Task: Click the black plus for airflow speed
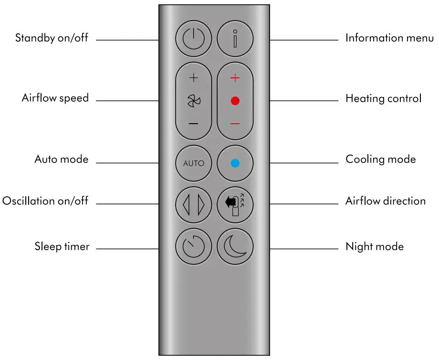(193, 78)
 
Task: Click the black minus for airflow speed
(193, 124)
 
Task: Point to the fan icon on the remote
(193, 101)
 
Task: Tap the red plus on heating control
(235, 78)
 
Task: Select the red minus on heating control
(235, 124)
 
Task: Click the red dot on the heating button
(235, 101)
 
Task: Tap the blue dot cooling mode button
(235, 163)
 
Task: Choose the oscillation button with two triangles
(193, 205)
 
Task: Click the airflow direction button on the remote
(235, 205)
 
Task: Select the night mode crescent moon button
(235, 247)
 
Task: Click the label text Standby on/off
(52, 38)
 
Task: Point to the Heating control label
(383, 98)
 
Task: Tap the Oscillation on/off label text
(45, 201)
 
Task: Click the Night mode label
(375, 246)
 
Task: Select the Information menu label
(389, 38)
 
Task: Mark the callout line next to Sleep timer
(127, 249)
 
